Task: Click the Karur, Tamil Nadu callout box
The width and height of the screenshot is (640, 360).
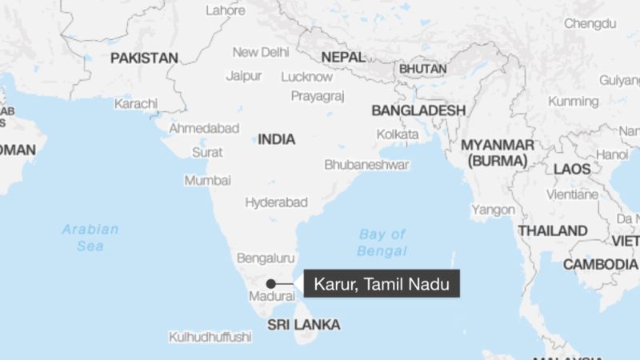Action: pyautogui.click(x=382, y=283)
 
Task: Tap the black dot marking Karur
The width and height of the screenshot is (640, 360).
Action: pyautogui.click(x=271, y=283)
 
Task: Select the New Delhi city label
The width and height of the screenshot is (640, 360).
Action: pyautogui.click(x=261, y=52)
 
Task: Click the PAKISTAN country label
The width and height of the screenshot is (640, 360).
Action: pyautogui.click(x=144, y=58)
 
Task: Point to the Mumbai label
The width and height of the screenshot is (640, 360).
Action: pyautogui.click(x=208, y=180)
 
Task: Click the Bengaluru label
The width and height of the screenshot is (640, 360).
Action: pyautogui.click(x=266, y=258)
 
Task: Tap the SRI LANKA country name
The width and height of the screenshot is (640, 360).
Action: pyautogui.click(x=303, y=325)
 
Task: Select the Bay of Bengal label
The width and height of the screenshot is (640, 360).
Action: pyautogui.click(x=382, y=242)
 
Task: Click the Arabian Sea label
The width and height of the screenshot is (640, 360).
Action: pyautogui.click(x=90, y=238)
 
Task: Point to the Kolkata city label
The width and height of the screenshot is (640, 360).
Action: pyautogui.click(x=398, y=134)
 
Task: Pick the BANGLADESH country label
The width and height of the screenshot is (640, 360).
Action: pyautogui.click(x=418, y=110)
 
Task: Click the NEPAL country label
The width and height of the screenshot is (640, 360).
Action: pyautogui.click(x=342, y=58)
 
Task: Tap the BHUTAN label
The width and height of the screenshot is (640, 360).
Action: pyautogui.click(x=423, y=70)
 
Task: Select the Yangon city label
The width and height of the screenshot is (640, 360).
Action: pyautogui.click(x=493, y=210)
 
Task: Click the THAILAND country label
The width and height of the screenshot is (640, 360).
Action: pyautogui.click(x=553, y=230)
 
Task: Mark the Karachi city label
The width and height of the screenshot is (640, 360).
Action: pyautogui.click(x=136, y=104)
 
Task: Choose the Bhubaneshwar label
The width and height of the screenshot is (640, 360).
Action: pyautogui.click(x=366, y=164)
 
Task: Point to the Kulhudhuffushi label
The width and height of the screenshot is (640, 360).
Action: pyautogui.click(x=210, y=337)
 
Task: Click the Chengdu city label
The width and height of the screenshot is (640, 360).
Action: pyautogui.click(x=590, y=24)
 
